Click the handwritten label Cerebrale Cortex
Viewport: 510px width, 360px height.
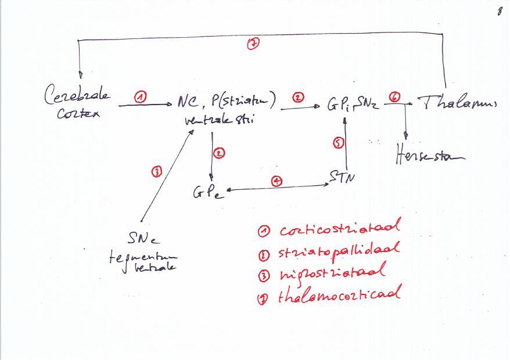click(x=77, y=103)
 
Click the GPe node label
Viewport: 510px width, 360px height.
click(x=207, y=192)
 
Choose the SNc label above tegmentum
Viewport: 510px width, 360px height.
click(x=143, y=238)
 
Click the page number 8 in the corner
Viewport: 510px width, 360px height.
click(x=499, y=12)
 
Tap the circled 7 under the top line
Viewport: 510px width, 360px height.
click(x=253, y=44)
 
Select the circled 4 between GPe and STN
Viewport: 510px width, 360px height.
click(x=278, y=181)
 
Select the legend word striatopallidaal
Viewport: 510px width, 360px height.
click(x=340, y=251)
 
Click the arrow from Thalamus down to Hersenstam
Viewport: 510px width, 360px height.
click(x=405, y=122)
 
